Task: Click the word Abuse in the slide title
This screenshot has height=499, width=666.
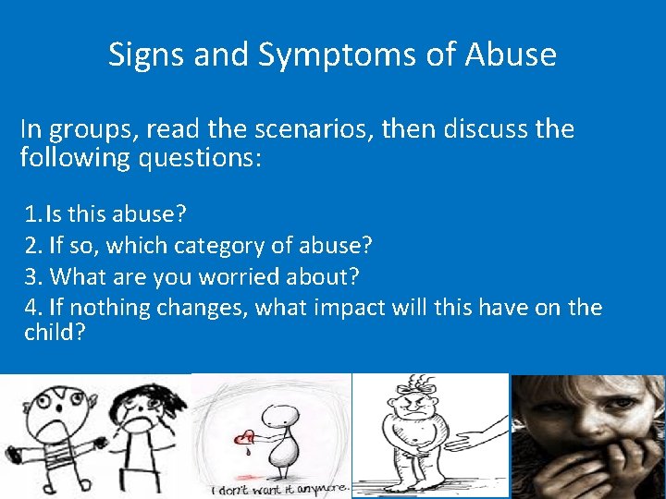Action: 511,55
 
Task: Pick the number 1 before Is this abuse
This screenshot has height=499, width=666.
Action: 32,215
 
